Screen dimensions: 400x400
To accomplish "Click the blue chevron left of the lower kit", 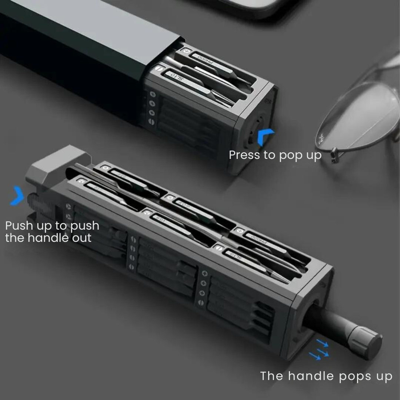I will (x=17, y=196).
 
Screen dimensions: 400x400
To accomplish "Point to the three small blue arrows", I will (x=319, y=350).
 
